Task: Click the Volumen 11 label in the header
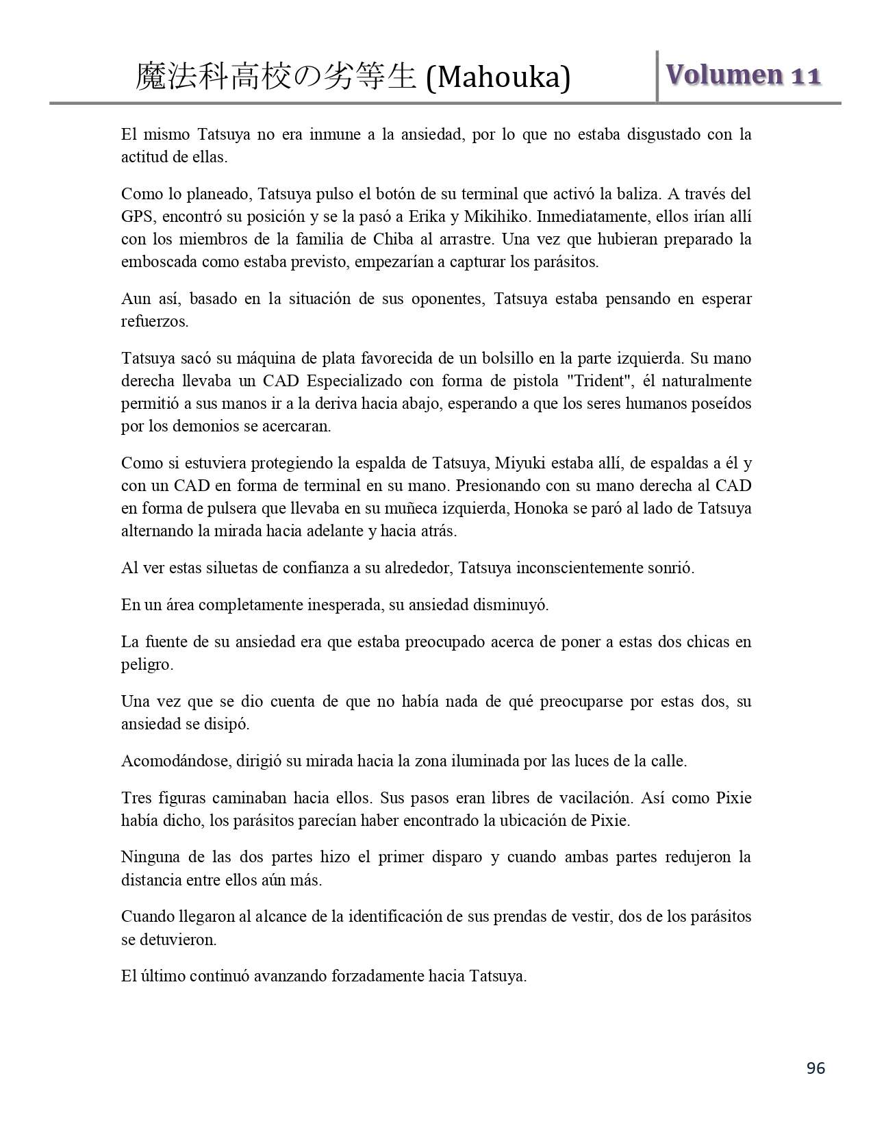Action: point(742,75)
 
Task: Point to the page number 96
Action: point(815,1068)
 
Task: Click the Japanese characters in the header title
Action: point(275,77)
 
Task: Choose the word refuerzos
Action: point(154,322)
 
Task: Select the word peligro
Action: point(147,665)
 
